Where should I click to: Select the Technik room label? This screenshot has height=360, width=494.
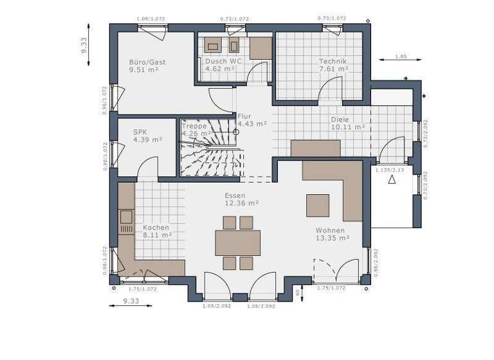click(333, 62)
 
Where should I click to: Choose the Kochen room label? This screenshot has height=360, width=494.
click(156, 228)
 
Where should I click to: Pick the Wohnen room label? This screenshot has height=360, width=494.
click(330, 230)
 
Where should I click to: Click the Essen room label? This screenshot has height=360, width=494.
click(235, 195)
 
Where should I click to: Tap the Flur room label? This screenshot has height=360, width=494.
click(244, 116)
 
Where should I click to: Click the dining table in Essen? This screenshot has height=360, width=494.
click(237, 243)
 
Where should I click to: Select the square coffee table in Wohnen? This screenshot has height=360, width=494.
click(318, 205)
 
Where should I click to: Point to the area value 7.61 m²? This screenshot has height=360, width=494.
click(334, 69)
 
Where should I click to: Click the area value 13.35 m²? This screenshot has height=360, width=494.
click(333, 237)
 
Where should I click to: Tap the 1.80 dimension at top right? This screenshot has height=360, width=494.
click(400, 57)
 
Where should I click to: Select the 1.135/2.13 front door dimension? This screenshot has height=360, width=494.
click(389, 170)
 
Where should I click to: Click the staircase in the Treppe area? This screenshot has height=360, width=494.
click(209, 148)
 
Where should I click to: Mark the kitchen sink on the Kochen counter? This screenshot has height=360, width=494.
click(126, 216)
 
